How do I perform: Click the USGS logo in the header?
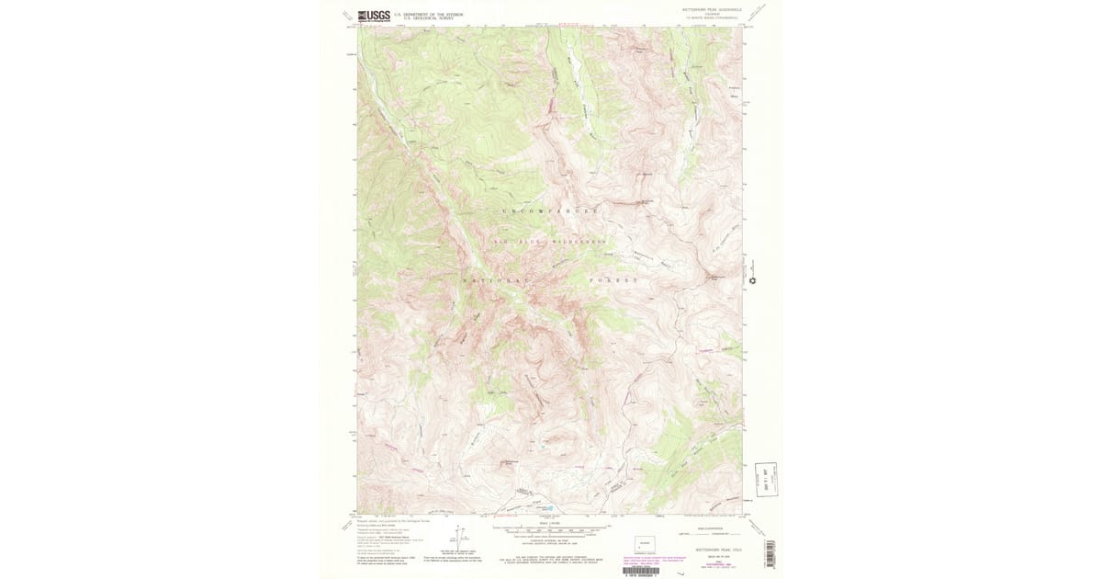(x=374, y=15)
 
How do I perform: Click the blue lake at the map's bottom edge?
(x=547, y=506)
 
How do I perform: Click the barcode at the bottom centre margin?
(x=642, y=571)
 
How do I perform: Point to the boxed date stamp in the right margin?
(x=766, y=479)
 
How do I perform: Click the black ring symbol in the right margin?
(x=752, y=280)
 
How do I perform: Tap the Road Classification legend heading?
(x=700, y=528)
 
